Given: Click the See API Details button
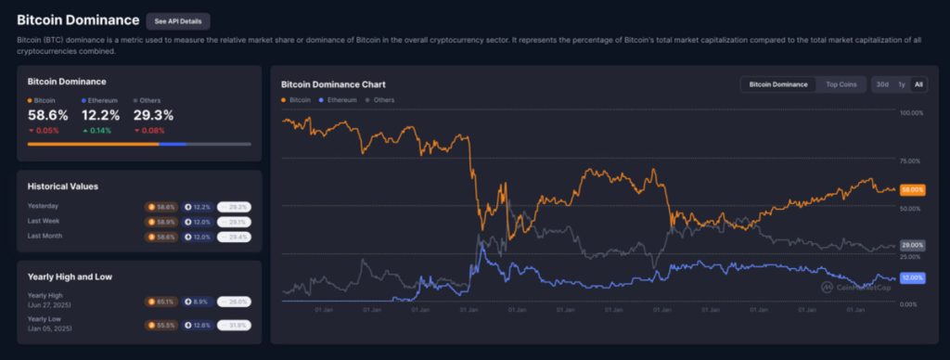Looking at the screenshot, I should (x=178, y=20).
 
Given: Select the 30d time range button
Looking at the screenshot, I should (x=882, y=84).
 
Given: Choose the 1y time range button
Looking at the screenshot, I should (x=902, y=84).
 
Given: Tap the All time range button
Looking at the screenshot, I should (x=918, y=84).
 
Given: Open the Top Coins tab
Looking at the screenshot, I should (x=841, y=84).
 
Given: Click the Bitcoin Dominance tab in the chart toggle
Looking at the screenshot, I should (x=777, y=84).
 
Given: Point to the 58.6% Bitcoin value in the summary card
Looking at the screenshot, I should (x=47, y=115).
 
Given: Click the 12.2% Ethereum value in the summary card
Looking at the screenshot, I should (x=100, y=115).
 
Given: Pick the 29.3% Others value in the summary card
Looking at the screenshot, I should (x=154, y=115).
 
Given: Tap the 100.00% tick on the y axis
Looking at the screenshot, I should (x=911, y=112).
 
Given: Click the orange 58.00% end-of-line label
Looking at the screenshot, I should (x=912, y=189).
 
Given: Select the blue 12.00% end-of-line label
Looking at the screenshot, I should (x=912, y=277).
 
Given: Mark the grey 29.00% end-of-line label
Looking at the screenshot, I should (x=912, y=245).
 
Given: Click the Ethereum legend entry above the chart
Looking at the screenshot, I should (x=337, y=99).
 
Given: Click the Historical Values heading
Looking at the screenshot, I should (x=63, y=186).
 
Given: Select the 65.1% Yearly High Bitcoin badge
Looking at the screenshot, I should (x=163, y=302).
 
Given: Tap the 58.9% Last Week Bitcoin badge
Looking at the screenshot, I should (x=163, y=222).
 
